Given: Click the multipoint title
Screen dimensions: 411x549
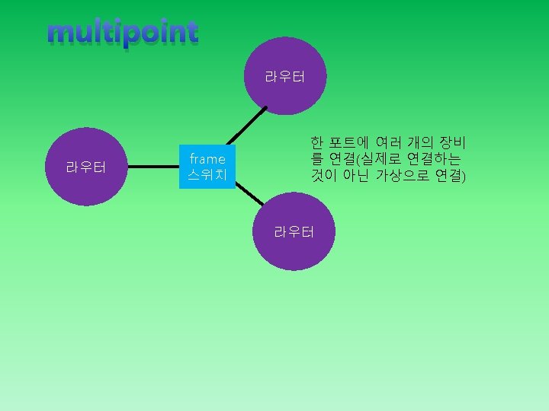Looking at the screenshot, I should (122, 33).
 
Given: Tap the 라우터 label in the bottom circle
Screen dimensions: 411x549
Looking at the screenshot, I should (294, 232).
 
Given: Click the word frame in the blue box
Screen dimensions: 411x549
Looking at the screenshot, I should (207, 159).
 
